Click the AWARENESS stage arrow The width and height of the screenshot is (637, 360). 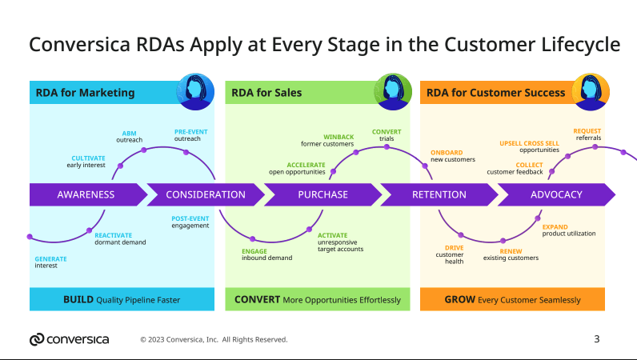click(86, 194)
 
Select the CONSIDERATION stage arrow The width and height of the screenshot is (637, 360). click(206, 194)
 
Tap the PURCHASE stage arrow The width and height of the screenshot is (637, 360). click(323, 194)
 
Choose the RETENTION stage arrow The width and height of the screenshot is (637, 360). click(439, 194)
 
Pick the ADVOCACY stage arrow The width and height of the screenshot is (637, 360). click(556, 194)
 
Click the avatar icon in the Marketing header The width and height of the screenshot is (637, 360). click(194, 91)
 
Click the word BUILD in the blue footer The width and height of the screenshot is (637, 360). click(78, 300)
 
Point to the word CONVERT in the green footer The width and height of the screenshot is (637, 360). click(257, 300)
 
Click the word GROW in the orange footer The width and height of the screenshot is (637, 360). click(459, 300)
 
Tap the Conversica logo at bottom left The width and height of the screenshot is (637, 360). click(69, 339)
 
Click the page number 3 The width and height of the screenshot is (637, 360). click(597, 338)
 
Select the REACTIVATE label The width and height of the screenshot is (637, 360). click(114, 235)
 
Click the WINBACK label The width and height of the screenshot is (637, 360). click(338, 137)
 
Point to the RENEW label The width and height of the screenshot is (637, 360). click(511, 251)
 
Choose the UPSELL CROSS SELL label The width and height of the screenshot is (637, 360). click(530, 143)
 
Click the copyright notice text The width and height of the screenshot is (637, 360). click(214, 339)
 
